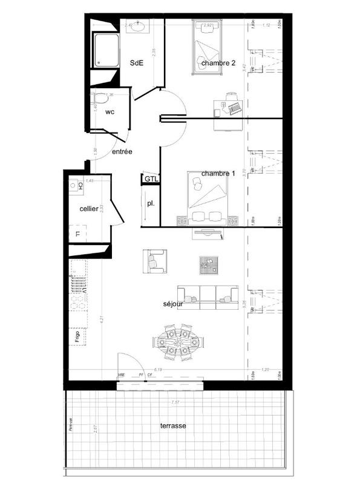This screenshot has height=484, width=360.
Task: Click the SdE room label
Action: (x=137, y=63)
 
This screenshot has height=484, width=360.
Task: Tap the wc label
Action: (x=110, y=113)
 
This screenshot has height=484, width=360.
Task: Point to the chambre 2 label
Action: (x=218, y=63)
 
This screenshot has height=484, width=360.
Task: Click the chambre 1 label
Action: (x=218, y=174)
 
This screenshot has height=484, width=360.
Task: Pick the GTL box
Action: (x=149, y=179)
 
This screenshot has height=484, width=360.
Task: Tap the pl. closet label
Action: (x=150, y=203)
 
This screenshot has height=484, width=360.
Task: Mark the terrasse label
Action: (x=173, y=426)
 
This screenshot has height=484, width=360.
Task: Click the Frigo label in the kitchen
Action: (x=77, y=337)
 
